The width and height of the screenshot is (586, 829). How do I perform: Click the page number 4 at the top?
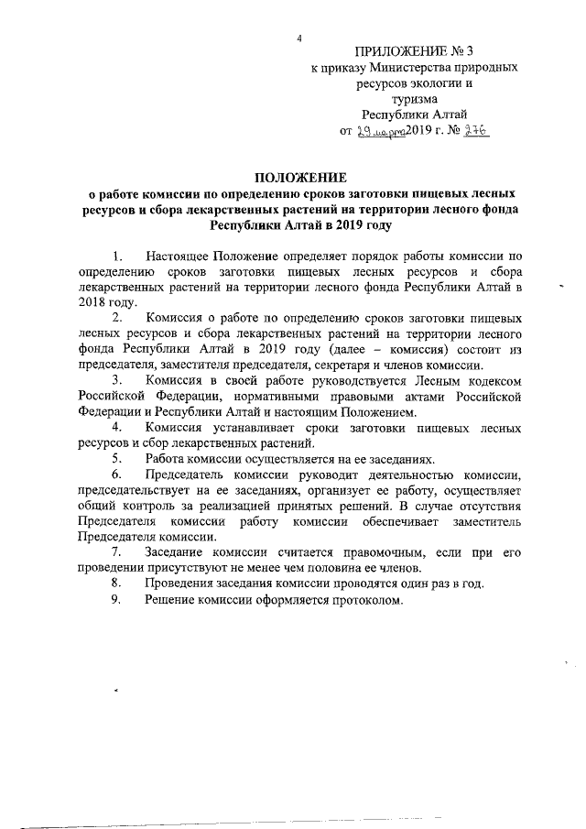299,38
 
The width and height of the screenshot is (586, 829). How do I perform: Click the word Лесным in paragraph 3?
419,380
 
